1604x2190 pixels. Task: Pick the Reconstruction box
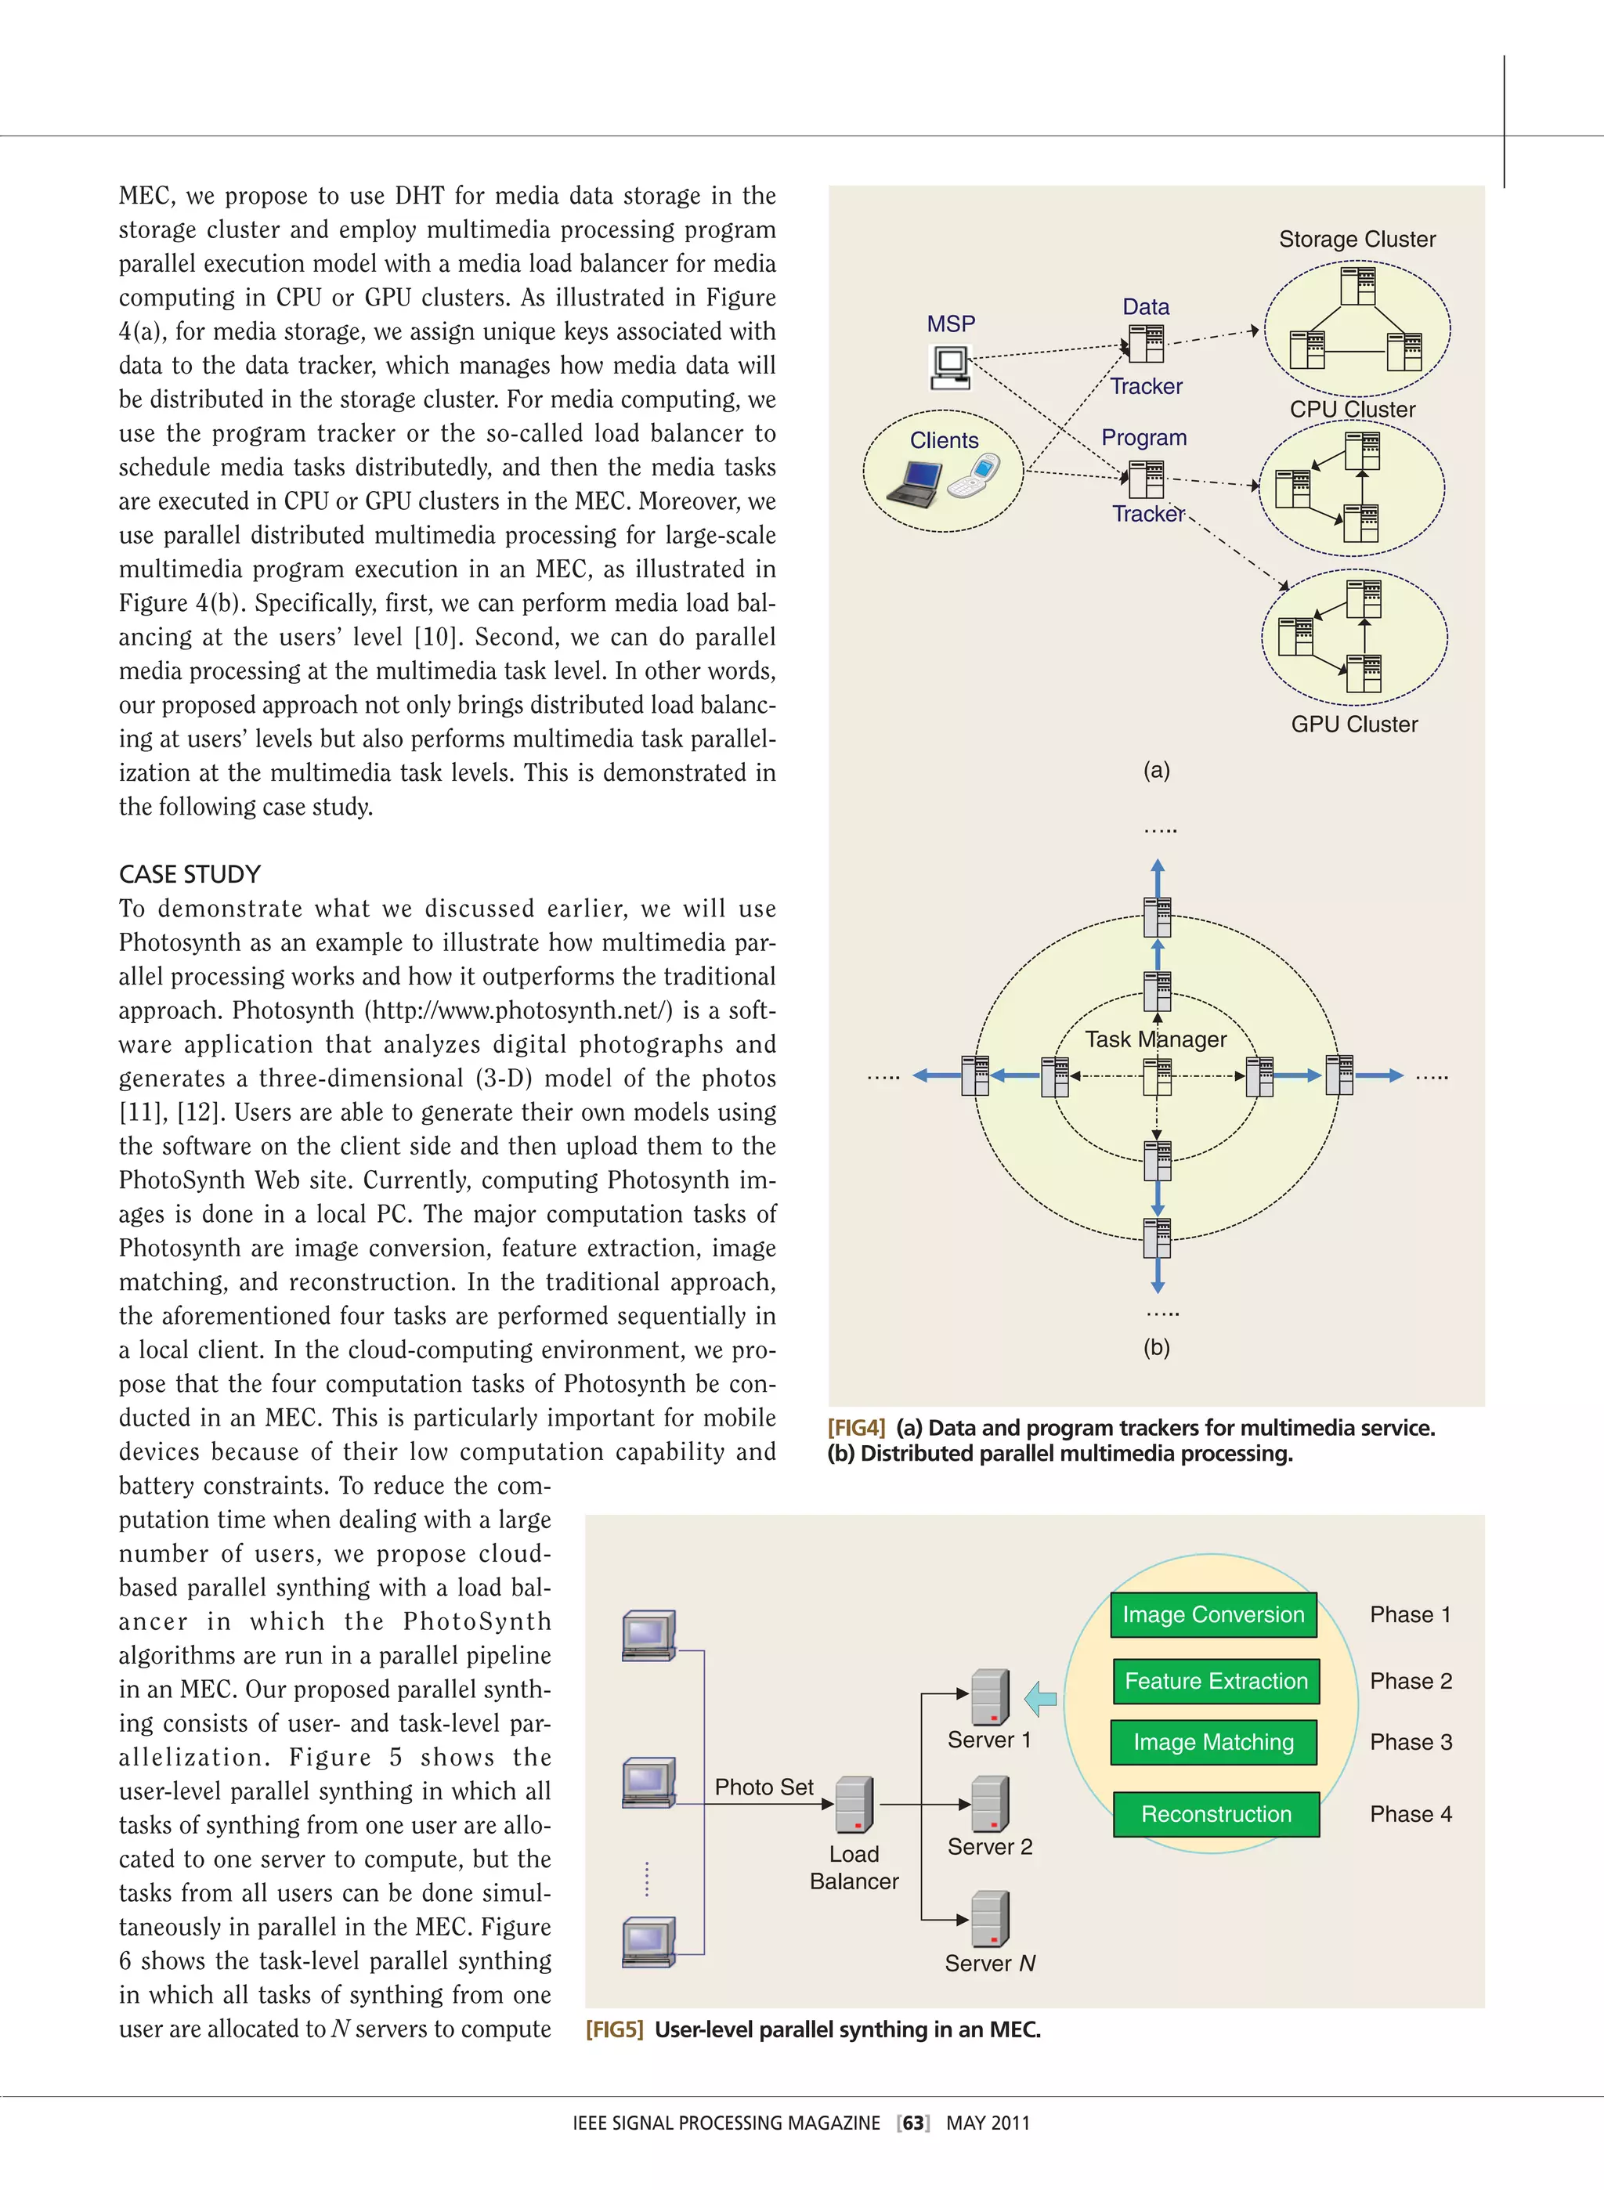pyautogui.click(x=1216, y=1814)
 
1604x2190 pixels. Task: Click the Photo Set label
pyautogui.click(x=764, y=1787)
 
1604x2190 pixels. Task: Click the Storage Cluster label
pyautogui.click(x=1357, y=240)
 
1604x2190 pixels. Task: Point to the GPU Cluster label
pyautogui.click(x=1353, y=725)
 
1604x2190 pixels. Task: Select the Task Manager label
pyautogui.click(x=1155, y=1039)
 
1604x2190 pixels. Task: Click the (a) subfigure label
pyautogui.click(x=1155, y=771)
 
